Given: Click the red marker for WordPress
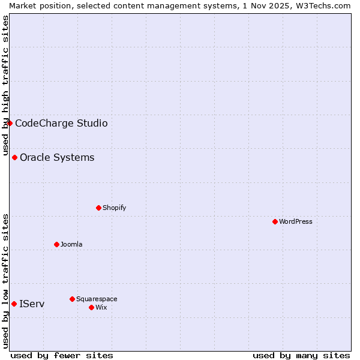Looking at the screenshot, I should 275,221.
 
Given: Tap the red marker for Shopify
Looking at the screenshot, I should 98,208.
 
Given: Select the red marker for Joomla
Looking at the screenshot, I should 56,244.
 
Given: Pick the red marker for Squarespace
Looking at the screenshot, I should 72,299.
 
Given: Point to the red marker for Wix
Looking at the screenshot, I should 91,307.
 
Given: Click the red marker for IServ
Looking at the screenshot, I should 14,304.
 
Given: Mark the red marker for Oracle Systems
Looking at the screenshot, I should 14,157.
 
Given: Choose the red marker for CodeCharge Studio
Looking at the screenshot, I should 10,123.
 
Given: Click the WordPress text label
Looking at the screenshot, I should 296,221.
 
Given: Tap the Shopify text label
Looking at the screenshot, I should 114,208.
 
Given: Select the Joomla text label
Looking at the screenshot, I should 71,244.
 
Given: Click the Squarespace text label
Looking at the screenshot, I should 97,299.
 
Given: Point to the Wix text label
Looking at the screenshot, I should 101,307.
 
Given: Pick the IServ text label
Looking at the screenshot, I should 32,304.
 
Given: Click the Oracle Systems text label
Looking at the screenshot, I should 57,157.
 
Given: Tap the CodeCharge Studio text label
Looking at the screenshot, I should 61,123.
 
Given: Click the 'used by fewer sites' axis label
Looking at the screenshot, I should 62,355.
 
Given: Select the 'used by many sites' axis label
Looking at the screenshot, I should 301,355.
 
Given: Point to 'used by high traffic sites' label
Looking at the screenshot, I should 5,84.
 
